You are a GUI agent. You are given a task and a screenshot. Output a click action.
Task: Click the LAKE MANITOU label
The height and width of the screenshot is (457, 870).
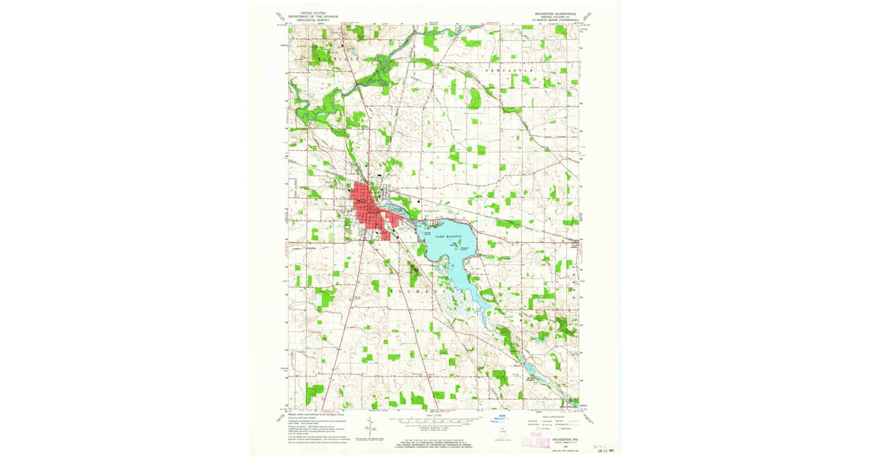pos(449,237)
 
